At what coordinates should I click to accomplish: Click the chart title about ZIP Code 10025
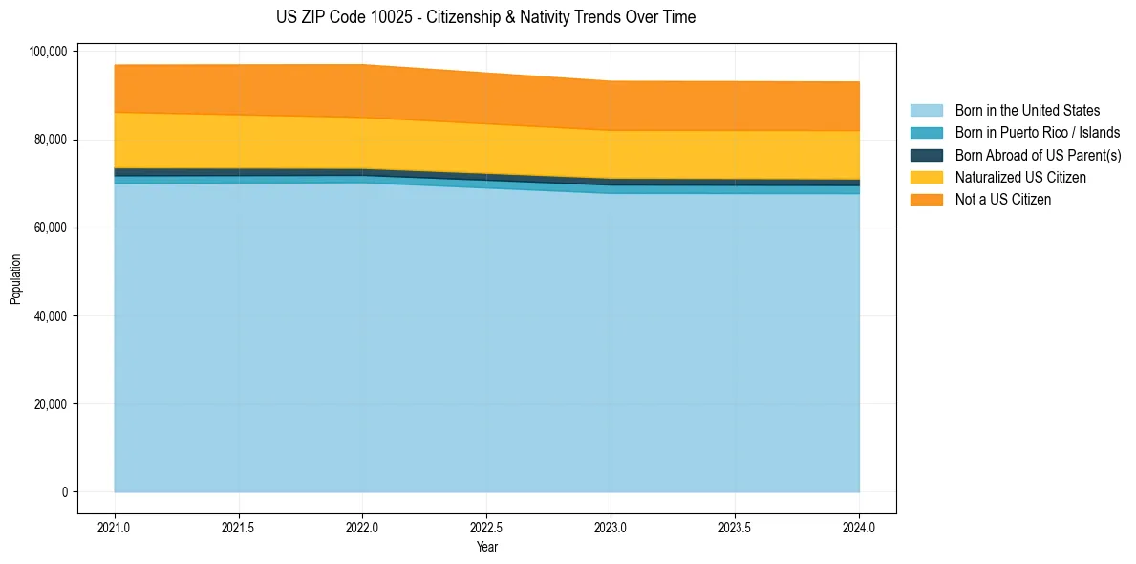click(x=486, y=17)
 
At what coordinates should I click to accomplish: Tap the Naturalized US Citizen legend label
click(x=1020, y=178)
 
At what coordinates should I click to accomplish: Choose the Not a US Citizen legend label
click(x=1003, y=200)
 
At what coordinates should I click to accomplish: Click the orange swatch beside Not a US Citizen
click(x=926, y=200)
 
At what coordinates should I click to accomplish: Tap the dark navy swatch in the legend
click(x=926, y=155)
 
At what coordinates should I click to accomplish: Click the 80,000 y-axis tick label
click(x=51, y=140)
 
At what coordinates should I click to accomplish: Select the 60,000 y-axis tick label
click(x=51, y=228)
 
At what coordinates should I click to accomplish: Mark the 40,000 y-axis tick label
click(x=51, y=316)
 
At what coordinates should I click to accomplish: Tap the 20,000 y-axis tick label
click(x=51, y=404)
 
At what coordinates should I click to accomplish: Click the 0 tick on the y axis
click(x=65, y=492)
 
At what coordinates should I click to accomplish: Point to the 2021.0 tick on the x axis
click(x=114, y=527)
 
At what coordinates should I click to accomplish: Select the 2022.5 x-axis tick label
click(x=486, y=527)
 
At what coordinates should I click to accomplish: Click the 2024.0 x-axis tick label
click(x=859, y=527)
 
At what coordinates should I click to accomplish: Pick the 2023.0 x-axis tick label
click(x=611, y=527)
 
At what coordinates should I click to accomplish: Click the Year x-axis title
click(x=486, y=548)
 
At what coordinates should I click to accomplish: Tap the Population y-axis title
click(x=15, y=279)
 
